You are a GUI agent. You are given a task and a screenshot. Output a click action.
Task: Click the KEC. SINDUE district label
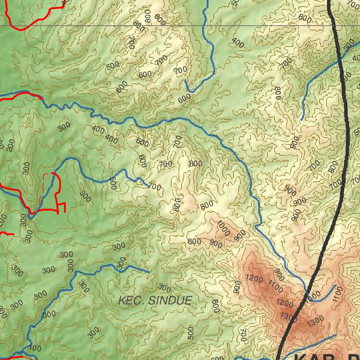tap(155, 301)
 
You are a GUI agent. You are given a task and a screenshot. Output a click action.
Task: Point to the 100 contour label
tap(34, 349)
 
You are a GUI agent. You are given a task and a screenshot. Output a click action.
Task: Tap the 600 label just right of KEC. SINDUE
tap(215, 306)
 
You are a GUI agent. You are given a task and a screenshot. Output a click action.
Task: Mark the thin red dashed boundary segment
tap(43, 190)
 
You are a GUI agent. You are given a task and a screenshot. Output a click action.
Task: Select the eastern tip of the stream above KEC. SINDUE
tap(149, 272)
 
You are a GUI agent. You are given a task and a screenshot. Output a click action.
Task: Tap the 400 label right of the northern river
tap(238, 43)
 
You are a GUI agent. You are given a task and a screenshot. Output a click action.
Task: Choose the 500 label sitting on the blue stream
tap(112, 183)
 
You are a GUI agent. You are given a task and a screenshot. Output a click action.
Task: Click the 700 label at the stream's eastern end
tap(155, 187)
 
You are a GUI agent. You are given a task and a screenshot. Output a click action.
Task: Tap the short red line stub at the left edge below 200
tap(7, 234)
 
